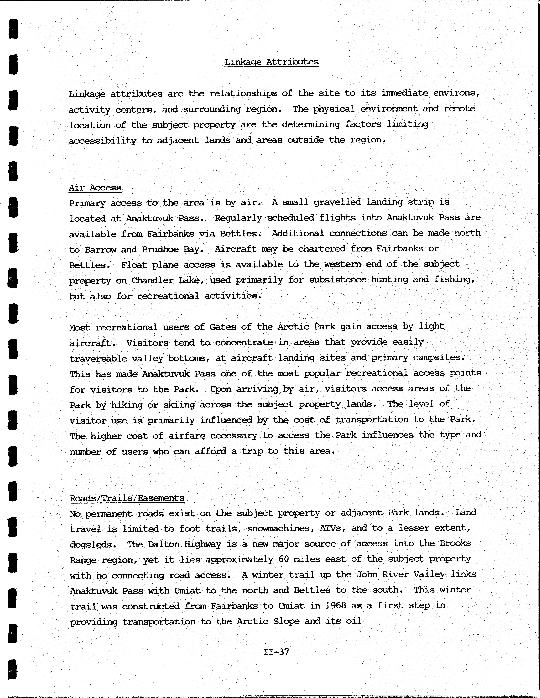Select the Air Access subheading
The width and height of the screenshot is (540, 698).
tap(95, 188)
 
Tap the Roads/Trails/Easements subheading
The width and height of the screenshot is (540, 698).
tap(127, 498)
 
